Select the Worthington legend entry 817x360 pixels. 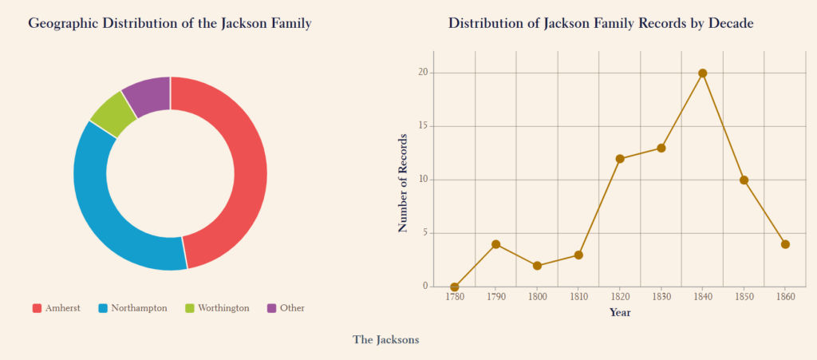(x=216, y=308)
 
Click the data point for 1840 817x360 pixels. (x=702, y=73)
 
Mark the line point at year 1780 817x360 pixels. (x=455, y=287)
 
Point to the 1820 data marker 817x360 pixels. (x=620, y=159)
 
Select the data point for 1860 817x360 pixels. (x=785, y=244)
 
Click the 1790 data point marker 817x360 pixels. (x=496, y=244)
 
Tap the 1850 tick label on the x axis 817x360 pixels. (x=744, y=297)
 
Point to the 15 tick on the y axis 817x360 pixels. (x=423, y=126)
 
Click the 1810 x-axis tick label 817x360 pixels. (x=578, y=297)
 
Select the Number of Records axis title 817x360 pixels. (x=403, y=183)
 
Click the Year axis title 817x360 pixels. (x=620, y=312)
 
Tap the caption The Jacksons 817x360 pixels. (x=385, y=340)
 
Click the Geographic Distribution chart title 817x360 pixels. (x=169, y=24)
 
